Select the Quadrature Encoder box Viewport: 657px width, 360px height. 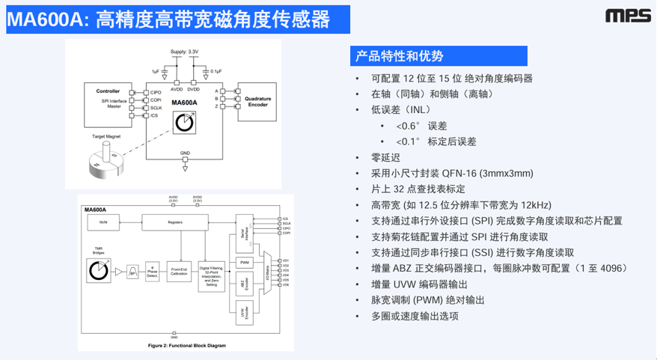[x=257, y=102]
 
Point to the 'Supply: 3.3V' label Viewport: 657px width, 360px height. [x=184, y=51]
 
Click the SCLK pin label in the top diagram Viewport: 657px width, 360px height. [x=156, y=107]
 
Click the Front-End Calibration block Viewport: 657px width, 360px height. [x=178, y=272]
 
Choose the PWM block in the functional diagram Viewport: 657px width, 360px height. [x=245, y=263]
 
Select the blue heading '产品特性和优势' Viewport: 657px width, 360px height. [x=399, y=56]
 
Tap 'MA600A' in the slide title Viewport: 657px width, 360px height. [x=46, y=19]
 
